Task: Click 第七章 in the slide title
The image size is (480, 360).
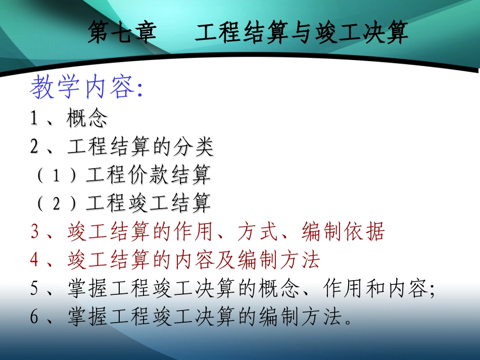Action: pyautogui.click(x=120, y=33)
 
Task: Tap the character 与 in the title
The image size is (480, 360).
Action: pyautogui.click(x=302, y=33)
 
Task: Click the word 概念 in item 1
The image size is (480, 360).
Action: pyautogui.click(x=87, y=119)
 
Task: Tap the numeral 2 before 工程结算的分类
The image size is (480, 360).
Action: pyautogui.click(x=34, y=147)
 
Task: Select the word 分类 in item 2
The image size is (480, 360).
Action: pyautogui.click(x=193, y=147)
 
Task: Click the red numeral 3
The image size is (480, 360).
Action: pyautogui.click(x=34, y=232)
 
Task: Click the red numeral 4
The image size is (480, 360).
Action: pyautogui.click(x=34, y=260)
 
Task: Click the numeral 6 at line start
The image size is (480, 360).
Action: pyautogui.click(x=34, y=317)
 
